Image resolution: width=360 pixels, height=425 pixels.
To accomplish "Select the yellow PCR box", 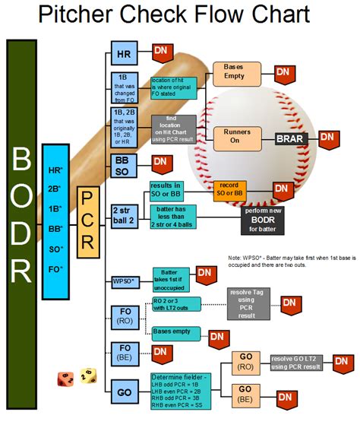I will pyautogui.click(x=87, y=220).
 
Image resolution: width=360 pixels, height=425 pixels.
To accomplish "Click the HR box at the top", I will pyautogui.click(x=123, y=55).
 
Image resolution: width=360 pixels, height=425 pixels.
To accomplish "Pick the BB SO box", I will pyautogui.click(x=123, y=167).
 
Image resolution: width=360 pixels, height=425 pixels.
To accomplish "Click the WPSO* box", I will pyautogui.click(x=123, y=281).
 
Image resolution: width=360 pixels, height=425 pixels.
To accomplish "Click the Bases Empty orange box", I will pyautogui.click(x=233, y=73).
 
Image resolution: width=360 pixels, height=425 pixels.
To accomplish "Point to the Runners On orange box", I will pyautogui.click(x=233, y=135).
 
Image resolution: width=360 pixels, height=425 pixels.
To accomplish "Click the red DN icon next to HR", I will pyautogui.click(x=161, y=52).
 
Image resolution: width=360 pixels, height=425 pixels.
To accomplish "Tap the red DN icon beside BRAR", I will pyautogui.click(x=327, y=139).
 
